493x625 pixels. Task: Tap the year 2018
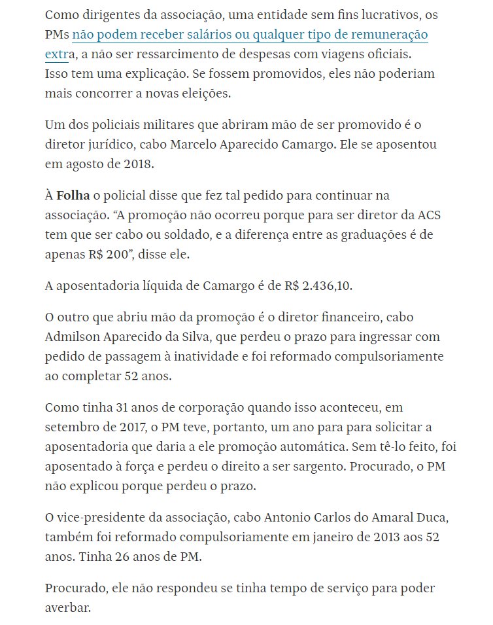pos(139,164)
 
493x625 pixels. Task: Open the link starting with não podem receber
pos(250,35)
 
